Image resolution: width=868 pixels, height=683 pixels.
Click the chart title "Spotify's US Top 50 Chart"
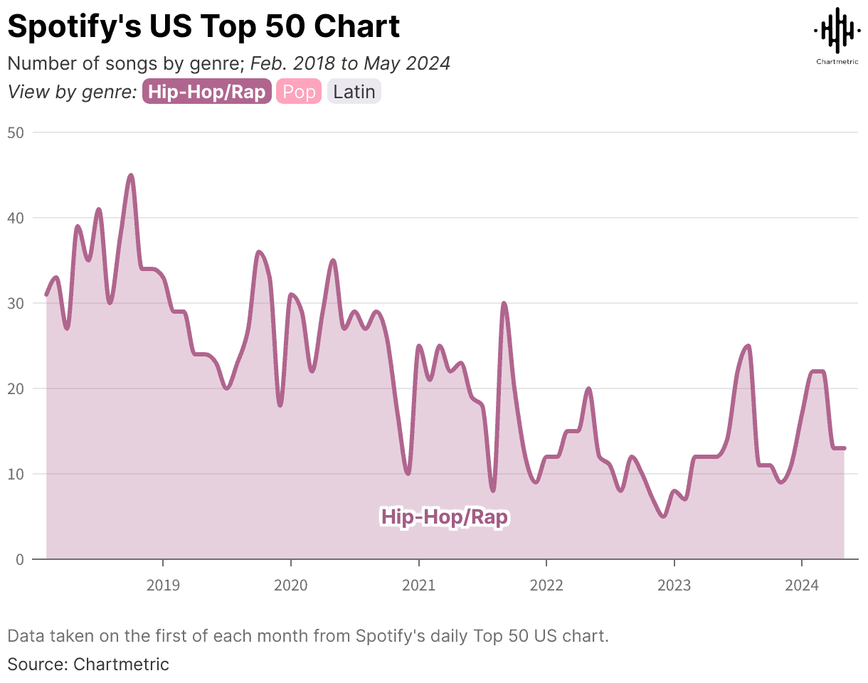pyautogui.click(x=203, y=26)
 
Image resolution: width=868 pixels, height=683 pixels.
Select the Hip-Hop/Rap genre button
pyautogui.click(x=207, y=92)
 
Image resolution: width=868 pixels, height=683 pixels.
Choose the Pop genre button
pyautogui.click(x=299, y=92)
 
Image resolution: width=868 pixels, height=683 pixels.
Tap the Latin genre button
pyautogui.click(x=354, y=92)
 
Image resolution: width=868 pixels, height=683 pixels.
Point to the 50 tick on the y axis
pyautogui.click(x=16, y=132)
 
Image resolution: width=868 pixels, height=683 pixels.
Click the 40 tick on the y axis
pyautogui.click(x=16, y=218)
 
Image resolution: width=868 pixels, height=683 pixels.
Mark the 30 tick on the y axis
pyautogui.click(x=16, y=303)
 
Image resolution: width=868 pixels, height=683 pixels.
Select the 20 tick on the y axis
pyautogui.click(x=16, y=388)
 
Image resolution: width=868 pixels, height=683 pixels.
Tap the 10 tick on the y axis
pyautogui.click(x=16, y=474)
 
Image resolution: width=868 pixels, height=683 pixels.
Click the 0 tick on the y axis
pyautogui.click(x=19, y=559)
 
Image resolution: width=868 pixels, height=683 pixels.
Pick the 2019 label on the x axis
pyautogui.click(x=163, y=586)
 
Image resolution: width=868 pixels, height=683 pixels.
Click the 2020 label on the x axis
pyautogui.click(x=290, y=586)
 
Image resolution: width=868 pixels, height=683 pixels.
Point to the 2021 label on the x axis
pyautogui.click(x=418, y=586)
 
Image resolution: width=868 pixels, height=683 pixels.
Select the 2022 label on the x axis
pyautogui.click(x=546, y=586)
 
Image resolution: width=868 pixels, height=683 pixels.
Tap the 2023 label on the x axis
pyautogui.click(x=674, y=586)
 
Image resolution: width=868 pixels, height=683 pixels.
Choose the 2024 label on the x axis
pyautogui.click(x=801, y=586)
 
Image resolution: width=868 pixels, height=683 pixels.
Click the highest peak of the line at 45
pyautogui.click(x=130, y=175)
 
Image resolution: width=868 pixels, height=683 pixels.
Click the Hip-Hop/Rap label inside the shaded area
pyautogui.click(x=445, y=517)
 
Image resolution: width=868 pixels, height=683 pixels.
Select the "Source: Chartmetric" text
pyautogui.click(x=88, y=665)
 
